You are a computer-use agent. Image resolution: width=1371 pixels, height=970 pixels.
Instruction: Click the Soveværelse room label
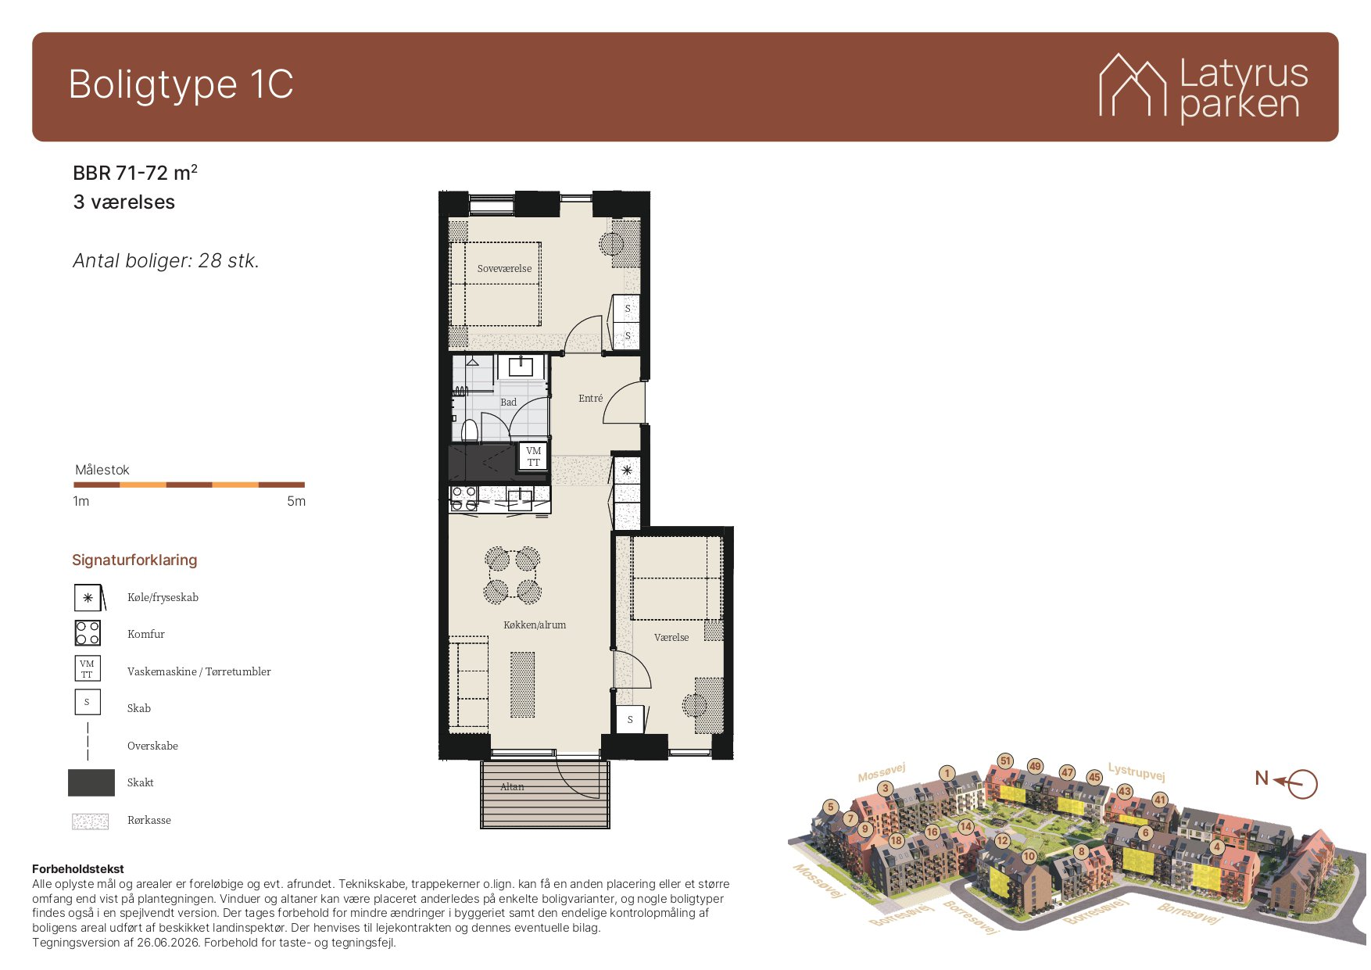[x=504, y=268]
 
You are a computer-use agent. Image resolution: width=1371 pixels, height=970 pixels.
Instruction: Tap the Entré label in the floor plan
[x=590, y=398]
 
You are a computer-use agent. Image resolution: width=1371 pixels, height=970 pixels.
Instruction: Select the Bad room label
[x=508, y=402]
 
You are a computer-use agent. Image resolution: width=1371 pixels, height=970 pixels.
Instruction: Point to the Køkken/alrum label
[x=535, y=625]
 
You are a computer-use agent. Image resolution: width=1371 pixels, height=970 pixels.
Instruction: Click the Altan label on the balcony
[x=512, y=786]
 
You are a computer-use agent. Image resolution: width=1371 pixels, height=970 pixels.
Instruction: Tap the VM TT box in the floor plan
[x=533, y=456]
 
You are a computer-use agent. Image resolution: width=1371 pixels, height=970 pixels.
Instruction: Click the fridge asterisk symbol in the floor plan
[x=627, y=471]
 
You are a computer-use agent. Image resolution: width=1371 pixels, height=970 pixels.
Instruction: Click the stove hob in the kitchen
[x=464, y=499]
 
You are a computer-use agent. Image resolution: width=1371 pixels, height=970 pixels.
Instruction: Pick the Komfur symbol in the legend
[x=88, y=633]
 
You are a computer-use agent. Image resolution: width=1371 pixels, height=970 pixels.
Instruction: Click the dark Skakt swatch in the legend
[x=91, y=782]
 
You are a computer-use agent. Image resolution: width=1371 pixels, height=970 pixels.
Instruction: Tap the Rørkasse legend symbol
[x=90, y=821]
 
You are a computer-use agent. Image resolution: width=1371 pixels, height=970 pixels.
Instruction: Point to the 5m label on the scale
[x=296, y=501]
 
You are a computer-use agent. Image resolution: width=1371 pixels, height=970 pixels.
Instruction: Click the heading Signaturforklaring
[x=134, y=560]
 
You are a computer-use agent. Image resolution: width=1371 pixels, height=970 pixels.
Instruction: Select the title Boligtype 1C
[x=181, y=84]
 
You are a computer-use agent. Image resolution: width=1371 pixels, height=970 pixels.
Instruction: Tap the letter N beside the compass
[x=1262, y=778]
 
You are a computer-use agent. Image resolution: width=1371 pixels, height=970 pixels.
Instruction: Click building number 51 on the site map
[x=1006, y=761]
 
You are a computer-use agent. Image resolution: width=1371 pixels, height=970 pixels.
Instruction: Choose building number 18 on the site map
[x=896, y=841]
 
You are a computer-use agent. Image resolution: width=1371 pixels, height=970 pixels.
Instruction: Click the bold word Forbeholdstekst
[x=78, y=868]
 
